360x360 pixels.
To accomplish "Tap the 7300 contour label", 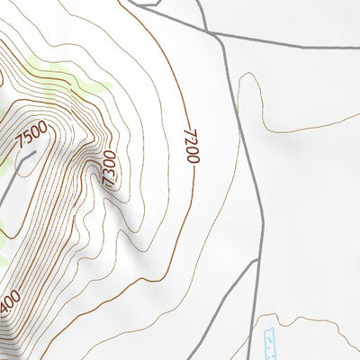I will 109,167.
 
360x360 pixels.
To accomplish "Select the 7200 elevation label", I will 191,145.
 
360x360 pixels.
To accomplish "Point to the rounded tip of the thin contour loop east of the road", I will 247,76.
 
